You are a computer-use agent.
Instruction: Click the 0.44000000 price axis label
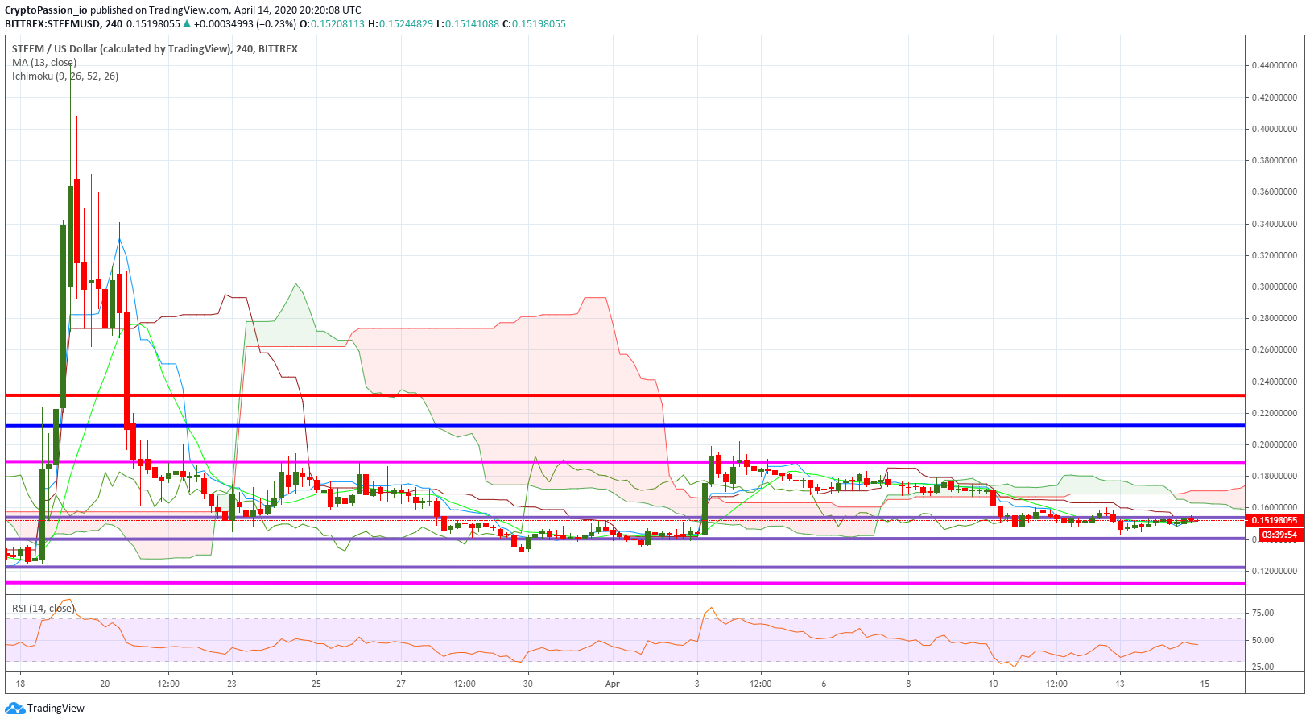[x=1275, y=65]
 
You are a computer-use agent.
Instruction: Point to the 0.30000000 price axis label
[x=1275, y=287]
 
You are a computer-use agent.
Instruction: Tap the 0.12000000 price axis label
[x=1275, y=571]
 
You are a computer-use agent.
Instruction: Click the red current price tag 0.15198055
[x=1275, y=520]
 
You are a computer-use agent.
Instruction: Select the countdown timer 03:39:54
[x=1279, y=535]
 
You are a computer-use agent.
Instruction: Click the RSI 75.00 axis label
[x=1263, y=613]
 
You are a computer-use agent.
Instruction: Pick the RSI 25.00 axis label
[x=1263, y=667]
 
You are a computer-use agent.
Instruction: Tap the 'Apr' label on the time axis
[x=612, y=684]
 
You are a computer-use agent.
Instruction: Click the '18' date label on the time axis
[x=20, y=684]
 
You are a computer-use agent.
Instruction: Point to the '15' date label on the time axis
[x=1205, y=684]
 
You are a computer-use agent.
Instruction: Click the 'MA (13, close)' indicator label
[x=43, y=63]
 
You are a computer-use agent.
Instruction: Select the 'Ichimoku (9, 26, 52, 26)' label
[x=65, y=76]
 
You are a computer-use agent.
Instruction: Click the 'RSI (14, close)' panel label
[x=43, y=609]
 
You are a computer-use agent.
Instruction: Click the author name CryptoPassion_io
[x=46, y=10]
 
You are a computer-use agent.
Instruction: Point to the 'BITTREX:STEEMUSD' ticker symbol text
[x=52, y=24]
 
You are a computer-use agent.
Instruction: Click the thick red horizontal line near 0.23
[x=625, y=395]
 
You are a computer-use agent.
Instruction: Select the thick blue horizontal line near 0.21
[x=625, y=425]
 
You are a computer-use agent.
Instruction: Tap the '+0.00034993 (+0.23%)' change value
[x=245, y=24]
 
